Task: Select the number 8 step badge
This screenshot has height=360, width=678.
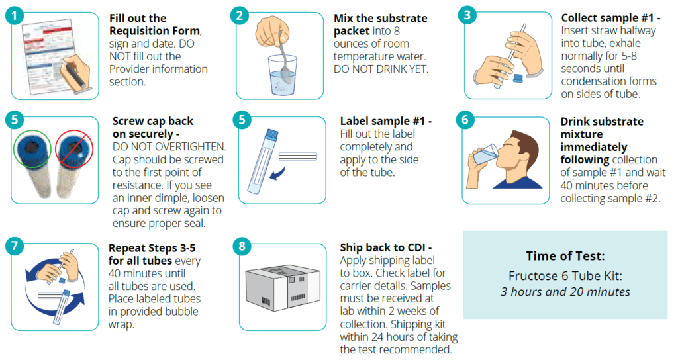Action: [242, 246]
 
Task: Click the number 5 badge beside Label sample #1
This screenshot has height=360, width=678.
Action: [242, 120]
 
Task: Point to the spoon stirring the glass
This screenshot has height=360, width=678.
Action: [283, 56]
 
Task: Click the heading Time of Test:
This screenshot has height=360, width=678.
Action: [565, 256]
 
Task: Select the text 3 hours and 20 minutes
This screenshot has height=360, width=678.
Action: [565, 291]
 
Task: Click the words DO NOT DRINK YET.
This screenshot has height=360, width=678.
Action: [381, 68]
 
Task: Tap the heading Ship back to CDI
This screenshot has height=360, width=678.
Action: [385, 247]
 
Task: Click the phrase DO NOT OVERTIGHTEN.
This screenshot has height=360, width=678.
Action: [169, 146]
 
